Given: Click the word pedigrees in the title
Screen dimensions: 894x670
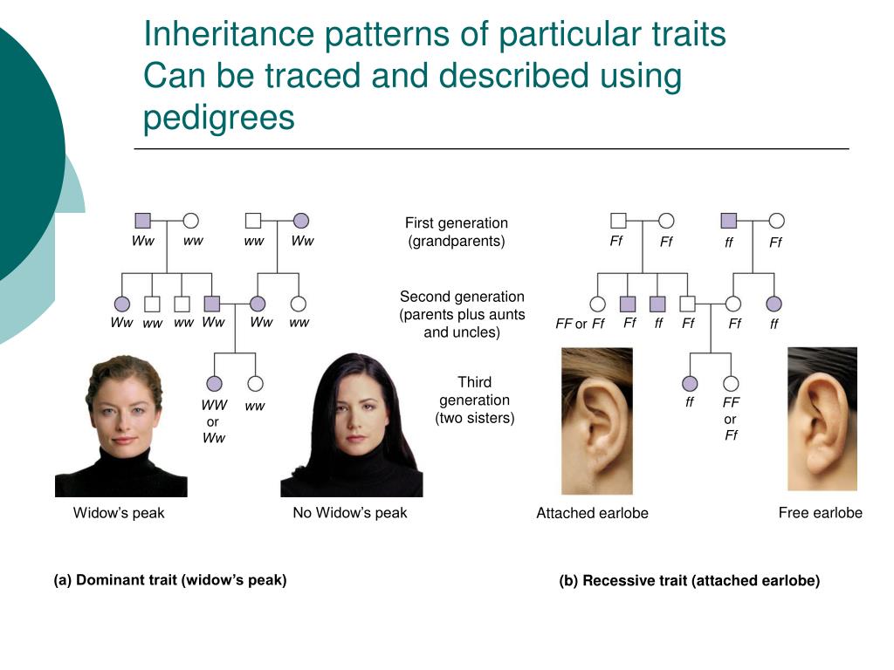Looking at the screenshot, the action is (219, 118).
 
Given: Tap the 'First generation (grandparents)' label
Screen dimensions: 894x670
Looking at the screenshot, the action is (456, 232).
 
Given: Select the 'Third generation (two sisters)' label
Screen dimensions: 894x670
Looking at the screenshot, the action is (474, 400).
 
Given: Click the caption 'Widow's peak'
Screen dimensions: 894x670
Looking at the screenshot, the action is (119, 513).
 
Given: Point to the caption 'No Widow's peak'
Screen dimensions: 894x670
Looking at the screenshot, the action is (349, 513).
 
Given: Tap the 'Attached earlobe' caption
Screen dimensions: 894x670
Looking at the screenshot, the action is (592, 514).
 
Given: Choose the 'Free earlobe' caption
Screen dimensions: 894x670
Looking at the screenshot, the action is (820, 513).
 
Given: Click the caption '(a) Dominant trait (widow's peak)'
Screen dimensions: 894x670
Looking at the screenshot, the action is (170, 579).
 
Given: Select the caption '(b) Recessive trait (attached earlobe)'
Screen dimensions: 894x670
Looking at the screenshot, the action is (689, 581).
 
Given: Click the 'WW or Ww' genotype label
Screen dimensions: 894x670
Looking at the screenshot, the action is (214, 421).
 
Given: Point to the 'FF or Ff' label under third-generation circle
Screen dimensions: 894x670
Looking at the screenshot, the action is (731, 419).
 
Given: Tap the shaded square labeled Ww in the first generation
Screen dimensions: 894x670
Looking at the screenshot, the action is (143, 221).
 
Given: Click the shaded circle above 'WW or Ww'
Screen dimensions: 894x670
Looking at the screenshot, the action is (214, 383).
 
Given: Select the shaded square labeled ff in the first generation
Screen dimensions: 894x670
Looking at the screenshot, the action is (729, 221).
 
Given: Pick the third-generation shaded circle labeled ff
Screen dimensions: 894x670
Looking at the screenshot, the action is (690, 383).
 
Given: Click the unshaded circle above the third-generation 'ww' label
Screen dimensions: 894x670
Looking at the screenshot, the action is (255, 383).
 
